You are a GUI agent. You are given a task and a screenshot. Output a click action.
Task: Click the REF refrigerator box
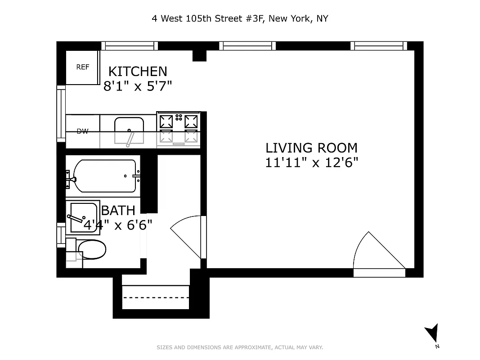83,67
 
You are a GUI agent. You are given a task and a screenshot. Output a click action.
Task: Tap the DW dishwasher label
82,131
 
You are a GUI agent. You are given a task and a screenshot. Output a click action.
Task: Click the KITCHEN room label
138,72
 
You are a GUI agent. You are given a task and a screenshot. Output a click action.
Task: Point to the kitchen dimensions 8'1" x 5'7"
138,85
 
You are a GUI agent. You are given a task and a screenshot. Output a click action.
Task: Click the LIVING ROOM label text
311,148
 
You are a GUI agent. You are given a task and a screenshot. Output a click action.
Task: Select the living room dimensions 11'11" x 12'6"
311,162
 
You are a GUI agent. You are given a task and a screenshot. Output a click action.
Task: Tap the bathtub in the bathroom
104,176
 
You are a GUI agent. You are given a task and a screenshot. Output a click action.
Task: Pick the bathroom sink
83,217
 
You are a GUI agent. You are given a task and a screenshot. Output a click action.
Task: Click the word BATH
118,210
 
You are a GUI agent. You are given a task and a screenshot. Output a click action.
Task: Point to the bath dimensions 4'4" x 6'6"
118,225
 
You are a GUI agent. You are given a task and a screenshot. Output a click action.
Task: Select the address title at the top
239,18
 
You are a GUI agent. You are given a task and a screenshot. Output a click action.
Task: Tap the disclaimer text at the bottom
239,347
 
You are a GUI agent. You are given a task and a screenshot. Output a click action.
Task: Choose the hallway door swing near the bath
187,238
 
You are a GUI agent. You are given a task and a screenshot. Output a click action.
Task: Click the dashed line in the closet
156,297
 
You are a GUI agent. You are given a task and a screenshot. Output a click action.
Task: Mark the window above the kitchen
130,45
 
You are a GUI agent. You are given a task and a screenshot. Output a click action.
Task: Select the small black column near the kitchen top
199,56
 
